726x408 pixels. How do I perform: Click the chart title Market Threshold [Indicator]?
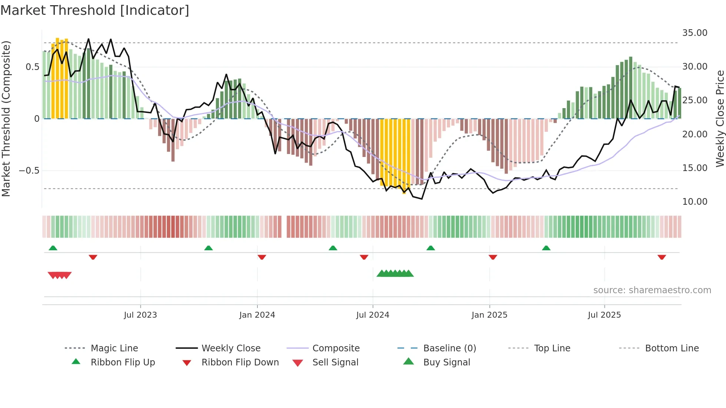pos(95,10)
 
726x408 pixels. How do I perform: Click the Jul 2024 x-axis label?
pos(373,315)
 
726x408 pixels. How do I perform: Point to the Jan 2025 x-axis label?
pos(489,315)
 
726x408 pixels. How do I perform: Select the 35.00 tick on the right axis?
pos(695,33)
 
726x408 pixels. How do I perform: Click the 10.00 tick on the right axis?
pos(695,202)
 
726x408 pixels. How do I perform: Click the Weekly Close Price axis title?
pos(720,118)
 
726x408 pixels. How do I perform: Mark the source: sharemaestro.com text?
pos(652,290)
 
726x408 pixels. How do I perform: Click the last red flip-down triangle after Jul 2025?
pos(662,257)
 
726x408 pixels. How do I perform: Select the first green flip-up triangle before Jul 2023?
pos(53,248)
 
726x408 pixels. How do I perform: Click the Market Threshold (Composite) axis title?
pos(6,118)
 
